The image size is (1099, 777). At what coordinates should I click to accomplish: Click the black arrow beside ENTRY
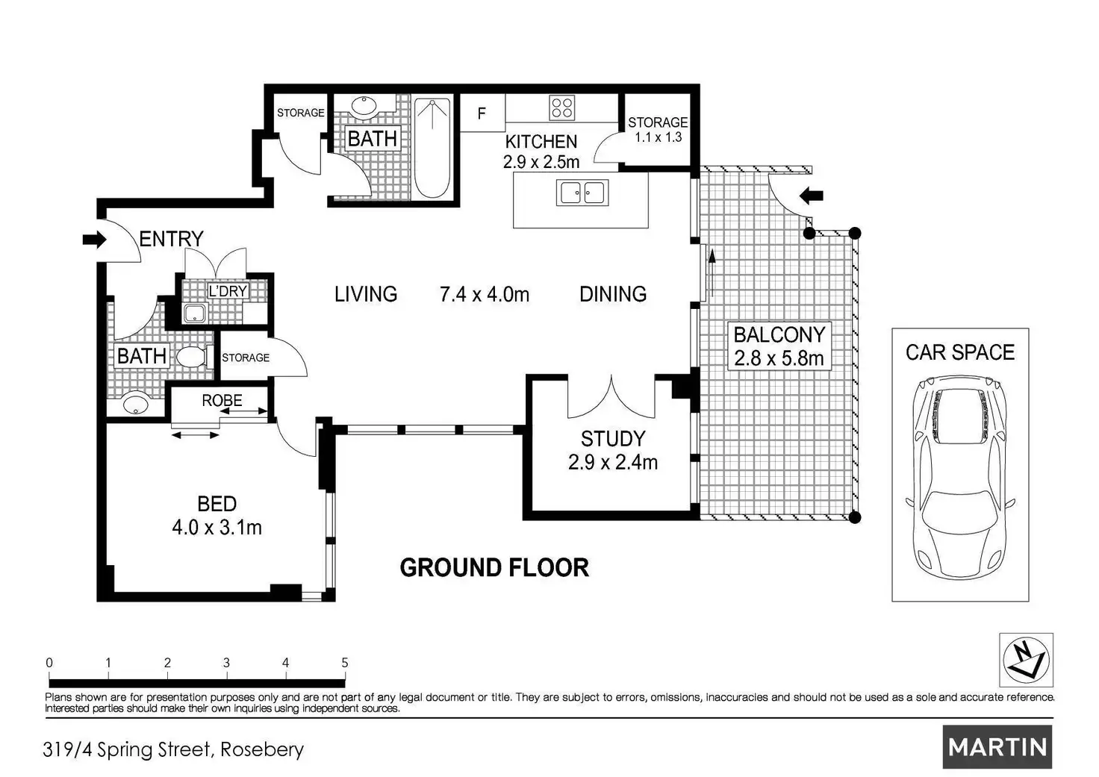94,240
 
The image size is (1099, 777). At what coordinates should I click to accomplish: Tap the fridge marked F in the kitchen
482,113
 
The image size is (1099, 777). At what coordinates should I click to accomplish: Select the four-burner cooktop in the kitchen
561,108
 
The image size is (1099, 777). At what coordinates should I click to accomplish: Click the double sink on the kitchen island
582,193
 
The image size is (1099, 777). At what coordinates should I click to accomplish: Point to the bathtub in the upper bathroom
432,148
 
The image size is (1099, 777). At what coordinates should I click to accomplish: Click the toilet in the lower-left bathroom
194,357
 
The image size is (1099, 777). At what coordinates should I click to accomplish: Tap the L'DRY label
228,291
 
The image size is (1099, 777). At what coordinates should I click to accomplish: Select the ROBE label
222,400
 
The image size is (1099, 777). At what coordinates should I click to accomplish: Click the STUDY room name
613,439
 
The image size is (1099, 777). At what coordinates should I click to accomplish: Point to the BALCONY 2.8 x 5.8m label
779,346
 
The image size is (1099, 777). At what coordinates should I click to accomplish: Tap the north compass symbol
1027,660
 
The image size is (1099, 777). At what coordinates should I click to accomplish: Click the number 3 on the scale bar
226,663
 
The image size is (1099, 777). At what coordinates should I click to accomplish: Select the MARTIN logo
997,747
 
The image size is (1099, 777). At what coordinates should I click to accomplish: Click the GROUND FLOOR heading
494,567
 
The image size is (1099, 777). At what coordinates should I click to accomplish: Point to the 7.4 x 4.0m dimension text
485,294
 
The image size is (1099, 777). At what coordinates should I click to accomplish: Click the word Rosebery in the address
262,749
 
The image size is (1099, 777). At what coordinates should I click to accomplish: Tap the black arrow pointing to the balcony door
811,196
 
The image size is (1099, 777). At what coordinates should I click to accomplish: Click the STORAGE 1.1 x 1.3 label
658,130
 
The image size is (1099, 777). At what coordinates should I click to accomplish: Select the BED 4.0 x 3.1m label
217,516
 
